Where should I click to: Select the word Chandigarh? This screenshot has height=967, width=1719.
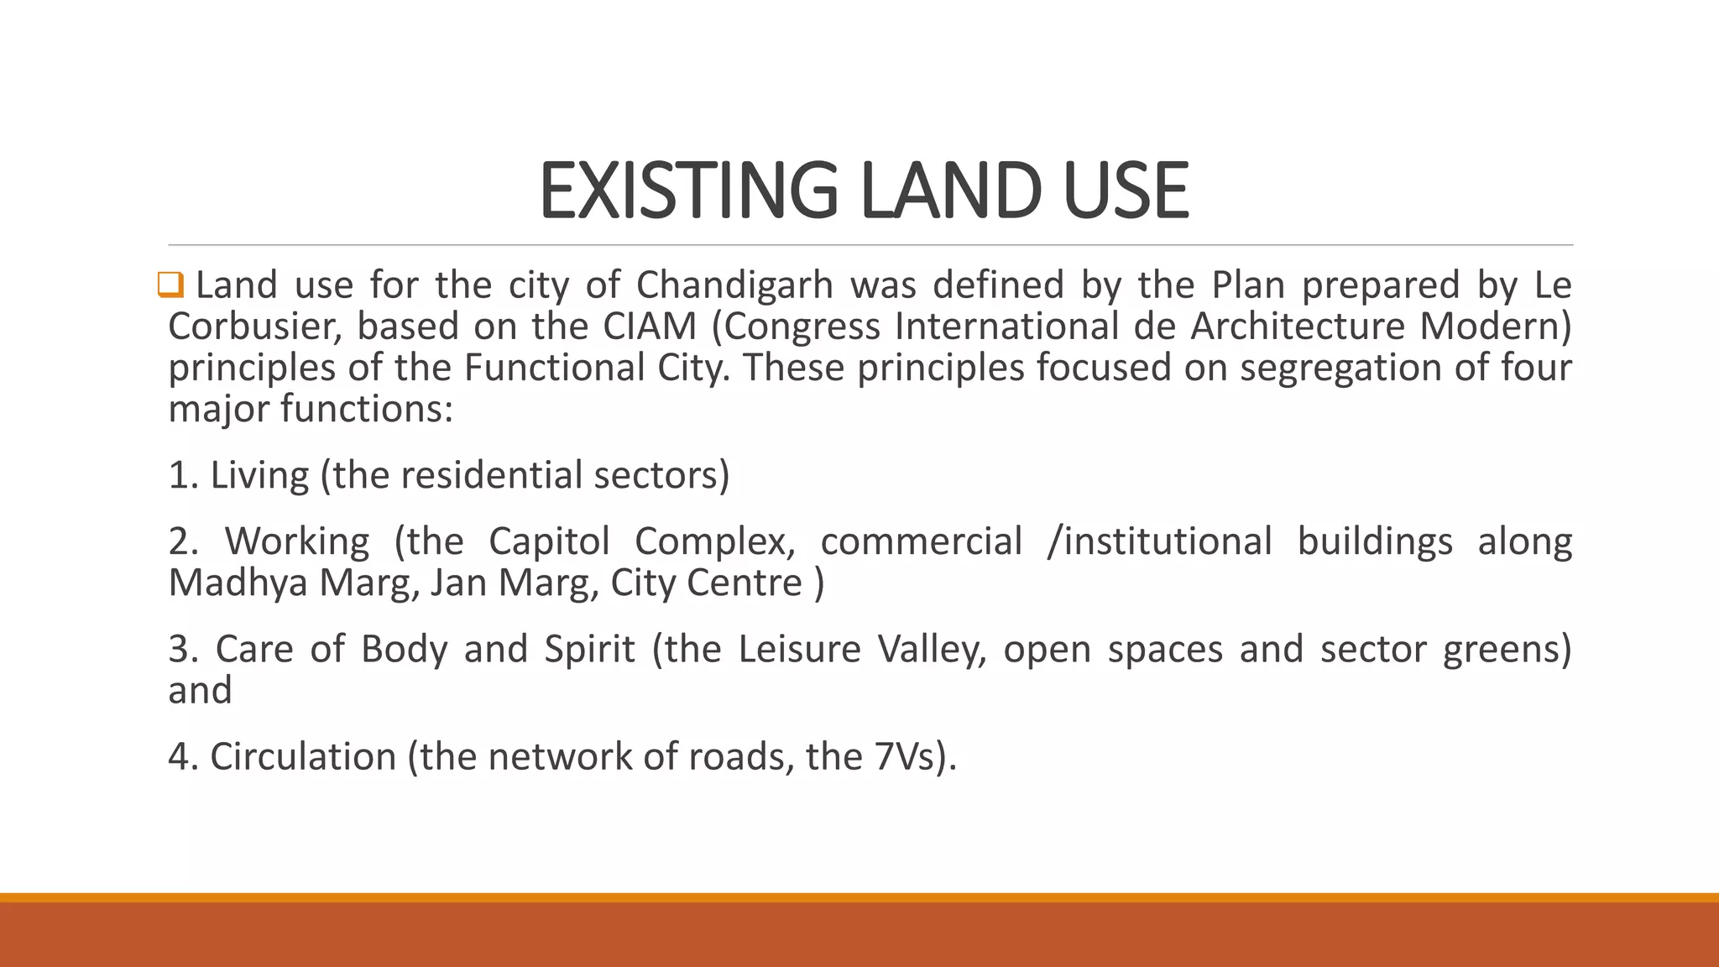(x=734, y=285)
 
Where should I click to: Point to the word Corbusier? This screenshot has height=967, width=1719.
(x=255, y=327)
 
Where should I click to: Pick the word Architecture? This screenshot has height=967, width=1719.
(x=1298, y=327)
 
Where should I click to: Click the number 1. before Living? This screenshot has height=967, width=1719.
(x=183, y=475)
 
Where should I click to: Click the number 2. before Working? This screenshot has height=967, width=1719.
(x=183, y=541)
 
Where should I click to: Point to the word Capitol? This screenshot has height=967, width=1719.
(x=549, y=541)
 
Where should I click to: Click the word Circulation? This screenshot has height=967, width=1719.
(x=303, y=757)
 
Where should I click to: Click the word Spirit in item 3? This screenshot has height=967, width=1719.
(x=589, y=651)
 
